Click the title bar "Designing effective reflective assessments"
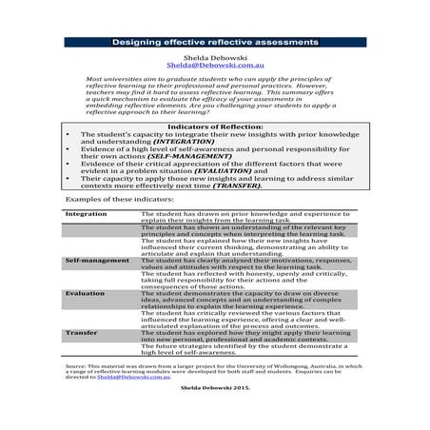click(214, 43)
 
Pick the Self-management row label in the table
click(97, 260)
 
